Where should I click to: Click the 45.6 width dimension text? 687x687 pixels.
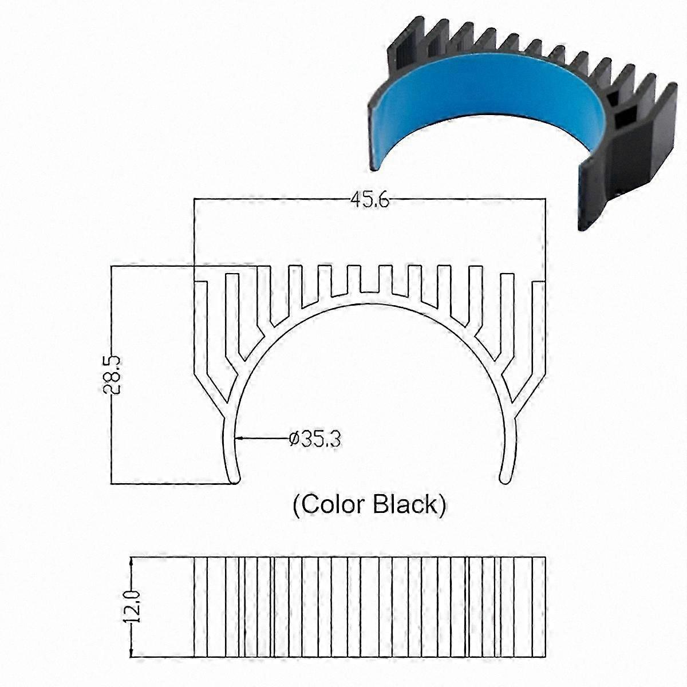[x=370, y=200]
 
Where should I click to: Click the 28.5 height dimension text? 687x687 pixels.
[x=112, y=374]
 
